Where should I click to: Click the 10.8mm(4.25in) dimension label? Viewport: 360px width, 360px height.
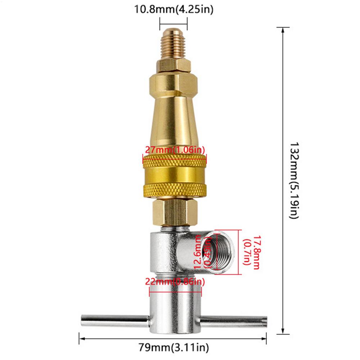174,9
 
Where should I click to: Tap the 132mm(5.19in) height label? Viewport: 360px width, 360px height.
294,180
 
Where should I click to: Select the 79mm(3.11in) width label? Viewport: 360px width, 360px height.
174,347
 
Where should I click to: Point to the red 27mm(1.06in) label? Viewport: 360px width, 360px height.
175,150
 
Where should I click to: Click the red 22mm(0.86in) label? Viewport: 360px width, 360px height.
175,282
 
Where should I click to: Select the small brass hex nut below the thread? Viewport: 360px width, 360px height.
174,66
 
